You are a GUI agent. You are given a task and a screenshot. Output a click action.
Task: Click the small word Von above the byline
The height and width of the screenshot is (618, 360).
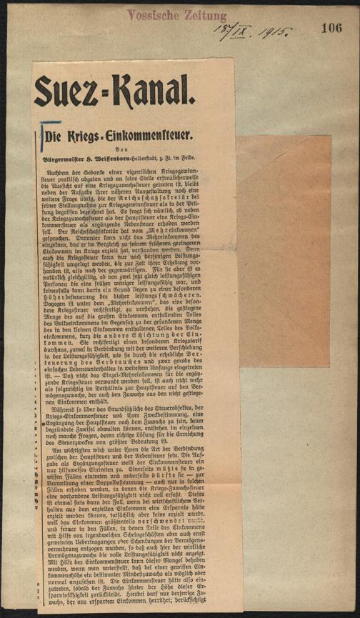(x=135, y=149)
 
